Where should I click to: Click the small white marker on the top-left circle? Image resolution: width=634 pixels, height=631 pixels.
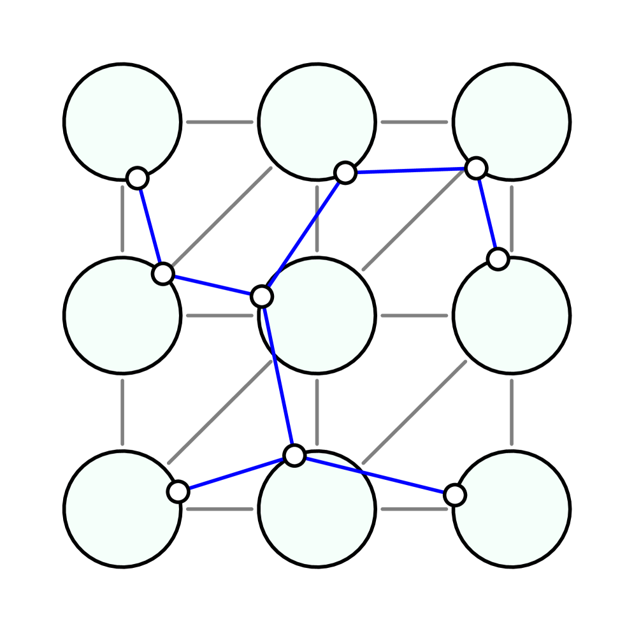[x=137, y=178]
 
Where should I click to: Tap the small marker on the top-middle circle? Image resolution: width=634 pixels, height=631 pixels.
[x=345, y=172]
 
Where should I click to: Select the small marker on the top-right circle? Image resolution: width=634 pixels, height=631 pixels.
[x=476, y=168]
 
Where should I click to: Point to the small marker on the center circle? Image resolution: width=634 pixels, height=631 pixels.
[x=262, y=296]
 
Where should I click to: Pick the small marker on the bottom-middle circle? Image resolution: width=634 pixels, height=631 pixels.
[x=294, y=455]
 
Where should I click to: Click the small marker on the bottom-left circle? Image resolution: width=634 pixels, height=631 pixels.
[x=178, y=491]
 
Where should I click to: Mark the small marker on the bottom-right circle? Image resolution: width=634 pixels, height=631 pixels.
[x=454, y=495]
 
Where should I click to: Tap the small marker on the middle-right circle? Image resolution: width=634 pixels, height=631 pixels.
[x=498, y=259]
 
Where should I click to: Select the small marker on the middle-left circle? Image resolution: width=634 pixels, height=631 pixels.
[x=163, y=273]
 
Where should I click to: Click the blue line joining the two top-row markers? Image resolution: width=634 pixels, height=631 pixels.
[x=411, y=170]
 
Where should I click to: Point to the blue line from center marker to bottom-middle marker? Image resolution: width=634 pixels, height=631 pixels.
[x=278, y=376]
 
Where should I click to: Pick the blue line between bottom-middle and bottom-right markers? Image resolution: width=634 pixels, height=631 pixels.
[x=375, y=475]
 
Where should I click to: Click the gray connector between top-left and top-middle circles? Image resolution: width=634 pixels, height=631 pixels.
[x=220, y=122]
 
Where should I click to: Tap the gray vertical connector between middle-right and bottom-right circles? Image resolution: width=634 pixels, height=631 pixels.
[x=511, y=412]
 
